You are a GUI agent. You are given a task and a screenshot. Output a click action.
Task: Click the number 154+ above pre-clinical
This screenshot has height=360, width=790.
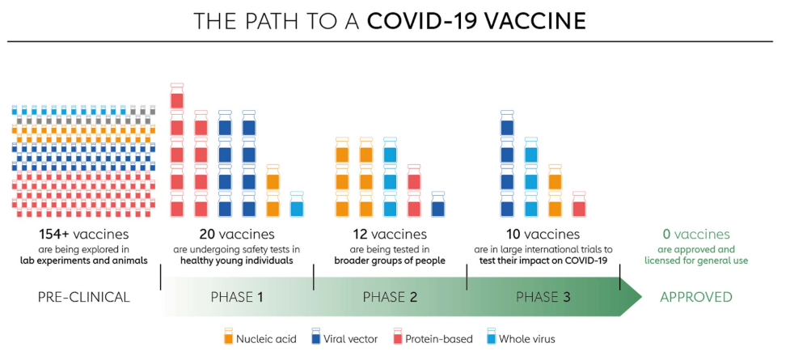coord(54,235)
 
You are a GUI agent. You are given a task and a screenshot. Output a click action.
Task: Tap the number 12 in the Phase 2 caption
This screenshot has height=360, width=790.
coord(361,235)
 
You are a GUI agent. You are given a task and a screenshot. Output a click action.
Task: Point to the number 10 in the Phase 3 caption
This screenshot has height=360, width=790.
coord(513,235)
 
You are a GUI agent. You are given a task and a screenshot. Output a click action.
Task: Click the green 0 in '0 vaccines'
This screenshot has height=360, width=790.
coord(666,235)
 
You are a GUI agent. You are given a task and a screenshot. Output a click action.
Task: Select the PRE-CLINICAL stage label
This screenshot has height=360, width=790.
coord(83,297)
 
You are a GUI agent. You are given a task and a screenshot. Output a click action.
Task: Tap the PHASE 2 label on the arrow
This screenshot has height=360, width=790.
coord(390,297)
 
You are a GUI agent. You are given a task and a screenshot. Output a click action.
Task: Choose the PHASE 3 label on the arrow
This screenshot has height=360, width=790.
coord(543,297)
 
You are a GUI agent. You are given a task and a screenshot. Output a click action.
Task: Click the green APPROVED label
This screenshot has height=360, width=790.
coord(696,297)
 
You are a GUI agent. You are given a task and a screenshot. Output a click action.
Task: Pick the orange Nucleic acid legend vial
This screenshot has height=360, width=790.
coord(229,337)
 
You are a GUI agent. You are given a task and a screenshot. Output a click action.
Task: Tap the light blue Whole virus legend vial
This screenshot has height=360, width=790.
coord(492,337)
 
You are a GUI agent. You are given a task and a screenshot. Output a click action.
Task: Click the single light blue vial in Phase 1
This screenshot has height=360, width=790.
coord(298,204)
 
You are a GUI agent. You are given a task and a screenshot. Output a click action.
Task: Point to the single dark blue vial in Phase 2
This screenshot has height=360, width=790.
coord(438,204)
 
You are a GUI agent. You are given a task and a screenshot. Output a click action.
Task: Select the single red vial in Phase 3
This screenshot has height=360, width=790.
coord(580,204)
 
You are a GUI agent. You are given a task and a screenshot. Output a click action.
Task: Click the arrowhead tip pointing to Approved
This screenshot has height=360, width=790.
coord(642,297)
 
